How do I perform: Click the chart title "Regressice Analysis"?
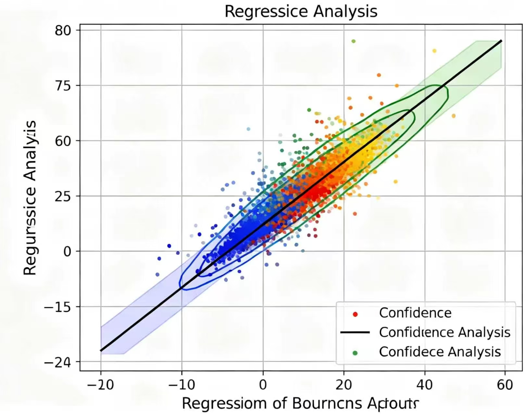click(301, 12)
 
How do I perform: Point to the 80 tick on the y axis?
click(63, 31)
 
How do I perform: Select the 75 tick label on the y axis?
click(63, 86)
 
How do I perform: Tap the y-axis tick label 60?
click(63, 141)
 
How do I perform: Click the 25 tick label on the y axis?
click(63, 196)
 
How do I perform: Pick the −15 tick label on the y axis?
click(57, 307)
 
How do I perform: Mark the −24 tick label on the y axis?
click(57, 362)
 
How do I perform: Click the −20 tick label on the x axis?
click(101, 385)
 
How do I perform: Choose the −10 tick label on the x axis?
click(182, 385)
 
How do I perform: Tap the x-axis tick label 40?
click(424, 385)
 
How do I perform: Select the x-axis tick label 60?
click(505, 385)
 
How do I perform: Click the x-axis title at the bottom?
click(300, 403)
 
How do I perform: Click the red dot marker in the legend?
click(355, 314)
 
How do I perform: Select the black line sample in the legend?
click(355, 332)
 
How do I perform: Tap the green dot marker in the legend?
click(355, 353)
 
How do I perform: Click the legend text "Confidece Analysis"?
click(440, 352)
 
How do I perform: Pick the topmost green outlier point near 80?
click(354, 41)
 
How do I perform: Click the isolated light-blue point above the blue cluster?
click(248, 129)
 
